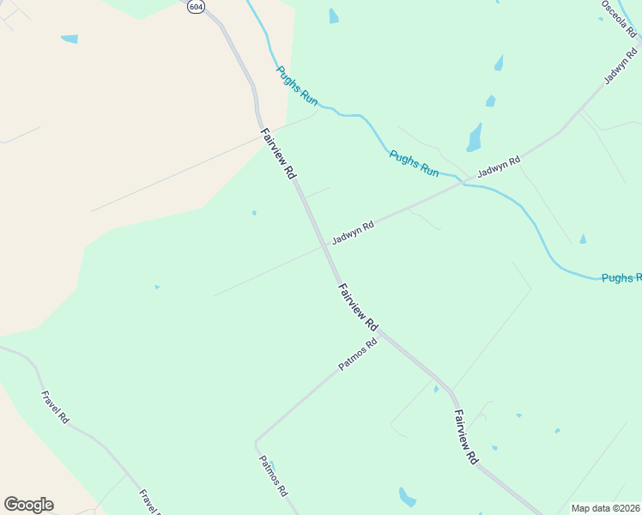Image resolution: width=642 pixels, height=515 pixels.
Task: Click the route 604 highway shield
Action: click(196, 6)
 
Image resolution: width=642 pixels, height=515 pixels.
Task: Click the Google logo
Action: click(28, 505)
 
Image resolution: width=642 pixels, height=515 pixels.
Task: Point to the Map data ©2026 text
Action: click(605, 508)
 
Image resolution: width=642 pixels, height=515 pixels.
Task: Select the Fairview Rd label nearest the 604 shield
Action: click(278, 153)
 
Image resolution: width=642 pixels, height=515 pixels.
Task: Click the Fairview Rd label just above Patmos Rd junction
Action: click(358, 307)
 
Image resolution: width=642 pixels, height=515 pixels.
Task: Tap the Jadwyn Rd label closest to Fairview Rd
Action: click(353, 233)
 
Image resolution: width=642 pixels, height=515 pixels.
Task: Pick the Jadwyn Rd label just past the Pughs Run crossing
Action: click(499, 167)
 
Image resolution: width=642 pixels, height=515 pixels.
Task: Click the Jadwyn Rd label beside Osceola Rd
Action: click(621, 66)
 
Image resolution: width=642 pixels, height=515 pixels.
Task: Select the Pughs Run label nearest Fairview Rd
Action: click(297, 87)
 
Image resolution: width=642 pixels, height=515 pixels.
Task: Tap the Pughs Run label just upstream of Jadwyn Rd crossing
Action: click(414, 164)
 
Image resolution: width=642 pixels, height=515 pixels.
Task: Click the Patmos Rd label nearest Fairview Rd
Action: click(358, 355)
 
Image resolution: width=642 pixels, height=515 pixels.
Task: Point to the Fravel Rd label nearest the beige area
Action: click(55, 407)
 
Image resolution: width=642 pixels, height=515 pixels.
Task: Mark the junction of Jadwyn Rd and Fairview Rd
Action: click(325, 245)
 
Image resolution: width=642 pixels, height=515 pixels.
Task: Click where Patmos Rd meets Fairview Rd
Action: click(381, 334)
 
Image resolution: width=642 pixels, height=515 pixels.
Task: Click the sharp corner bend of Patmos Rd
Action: click(255, 441)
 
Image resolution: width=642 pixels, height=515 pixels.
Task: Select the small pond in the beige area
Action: click(69, 39)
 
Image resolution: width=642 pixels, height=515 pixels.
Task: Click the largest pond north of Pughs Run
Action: click(474, 137)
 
